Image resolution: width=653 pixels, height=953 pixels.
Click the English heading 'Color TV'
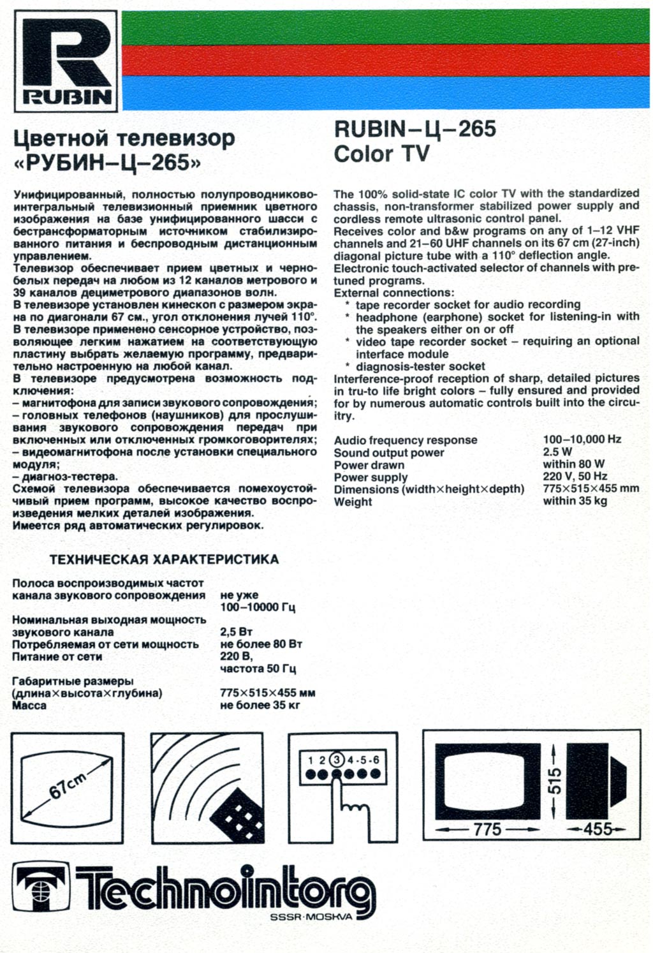tap(381, 154)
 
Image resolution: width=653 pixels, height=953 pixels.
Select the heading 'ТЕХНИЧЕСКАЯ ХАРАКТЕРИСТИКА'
tap(164, 559)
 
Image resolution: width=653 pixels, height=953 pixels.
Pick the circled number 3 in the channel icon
tap(338, 760)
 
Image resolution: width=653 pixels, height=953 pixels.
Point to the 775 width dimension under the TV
tap(488, 829)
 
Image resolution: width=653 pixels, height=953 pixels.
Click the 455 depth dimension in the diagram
tap(598, 829)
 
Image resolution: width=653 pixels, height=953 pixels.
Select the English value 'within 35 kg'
tap(575, 501)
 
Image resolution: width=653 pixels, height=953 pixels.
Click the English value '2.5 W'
tap(557, 452)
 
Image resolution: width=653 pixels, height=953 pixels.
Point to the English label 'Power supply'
tap(371, 477)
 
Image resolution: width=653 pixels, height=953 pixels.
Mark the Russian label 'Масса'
tap(29, 706)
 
